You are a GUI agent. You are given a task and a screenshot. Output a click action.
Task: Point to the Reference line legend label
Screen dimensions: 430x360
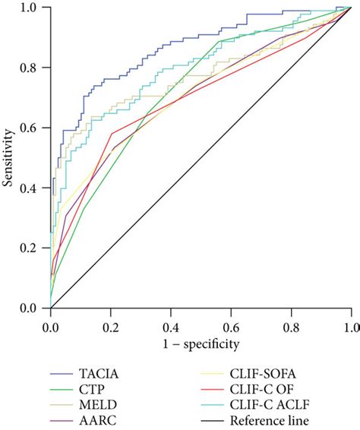click(x=270, y=420)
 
